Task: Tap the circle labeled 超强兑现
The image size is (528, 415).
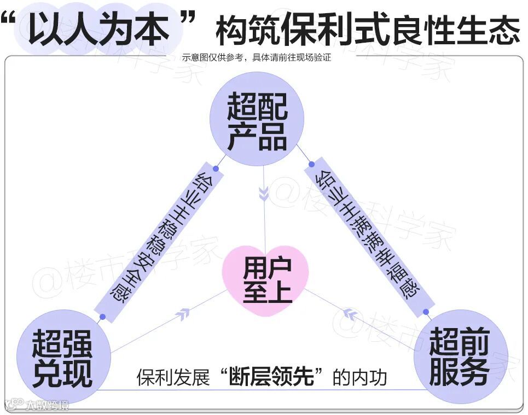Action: [x=62, y=358]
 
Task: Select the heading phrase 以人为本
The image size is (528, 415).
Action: [x=105, y=28]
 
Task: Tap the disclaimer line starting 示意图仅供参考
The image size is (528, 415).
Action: [x=257, y=57]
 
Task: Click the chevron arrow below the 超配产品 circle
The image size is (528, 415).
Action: [x=264, y=194]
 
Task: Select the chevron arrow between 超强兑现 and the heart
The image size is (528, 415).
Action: [x=183, y=313]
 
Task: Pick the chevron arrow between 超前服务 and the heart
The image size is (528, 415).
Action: [x=349, y=314]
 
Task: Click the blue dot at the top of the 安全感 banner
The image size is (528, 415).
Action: [x=216, y=169]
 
